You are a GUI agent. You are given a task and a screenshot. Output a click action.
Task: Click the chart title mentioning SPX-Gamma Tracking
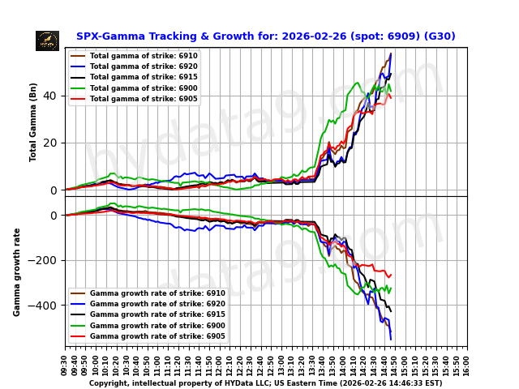click(x=265, y=36)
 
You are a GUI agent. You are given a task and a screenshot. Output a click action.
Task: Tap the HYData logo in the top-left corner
click(x=47, y=41)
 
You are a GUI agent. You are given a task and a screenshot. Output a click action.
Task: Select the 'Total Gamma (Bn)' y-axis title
click(x=33, y=122)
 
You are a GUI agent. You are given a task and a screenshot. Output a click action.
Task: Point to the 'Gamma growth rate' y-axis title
click(x=17, y=271)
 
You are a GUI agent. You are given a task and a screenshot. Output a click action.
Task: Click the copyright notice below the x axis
click(x=265, y=383)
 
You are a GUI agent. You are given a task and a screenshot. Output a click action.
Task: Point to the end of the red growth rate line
click(x=391, y=275)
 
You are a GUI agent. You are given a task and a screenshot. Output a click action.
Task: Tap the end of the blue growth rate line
click(x=391, y=339)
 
